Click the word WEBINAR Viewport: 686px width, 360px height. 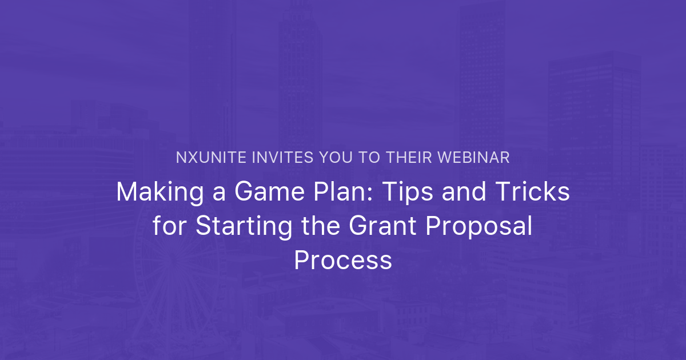(x=476, y=158)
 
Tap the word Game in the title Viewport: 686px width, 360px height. (x=262, y=192)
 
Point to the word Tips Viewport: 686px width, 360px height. (x=402, y=192)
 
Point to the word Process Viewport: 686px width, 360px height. (x=343, y=261)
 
